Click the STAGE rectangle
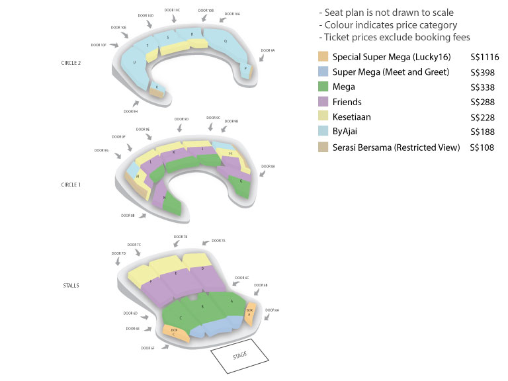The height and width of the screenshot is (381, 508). pyautogui.click(x=240, y=355)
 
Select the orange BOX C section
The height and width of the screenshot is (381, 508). pyautogui.click(x=175, y=331)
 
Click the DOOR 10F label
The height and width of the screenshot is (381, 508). pyautogui.click(x=99, y=45)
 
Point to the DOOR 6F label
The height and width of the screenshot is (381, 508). pyautogui.click(x=148, y=347)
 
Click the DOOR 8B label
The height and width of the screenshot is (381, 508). pyautogui.click(x=128, y=215)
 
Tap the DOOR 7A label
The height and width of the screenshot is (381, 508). pyautogui.click(x=218, y=241)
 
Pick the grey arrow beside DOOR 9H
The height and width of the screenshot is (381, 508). pyautogui.click(x=137, y=103)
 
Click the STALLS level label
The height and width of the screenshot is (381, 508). pyautogui.click(x=71, y=285)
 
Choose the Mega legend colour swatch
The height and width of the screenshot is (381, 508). pyautogui.click(x=323, y=87)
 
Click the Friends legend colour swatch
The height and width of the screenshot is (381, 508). pyautogui.click(x=323, y=102)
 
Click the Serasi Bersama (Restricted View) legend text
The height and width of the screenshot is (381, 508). pyautogui.click(x=396, y=148)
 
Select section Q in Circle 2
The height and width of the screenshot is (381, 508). pyautogui.click(x=226, y=41)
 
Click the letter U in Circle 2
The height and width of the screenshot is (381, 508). pyautogui.click(x=135, y=63)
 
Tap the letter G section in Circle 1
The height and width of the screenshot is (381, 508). pyautogui.click(x=241, y=181)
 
